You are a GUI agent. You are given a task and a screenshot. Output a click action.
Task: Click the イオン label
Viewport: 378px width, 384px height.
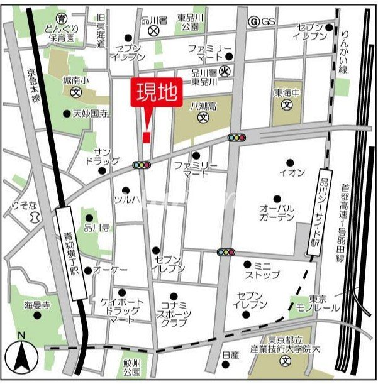(x=292, y=172)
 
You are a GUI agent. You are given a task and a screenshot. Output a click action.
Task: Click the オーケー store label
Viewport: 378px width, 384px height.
(x=110, y=270)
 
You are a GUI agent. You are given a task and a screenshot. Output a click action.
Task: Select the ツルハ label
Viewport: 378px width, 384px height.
(x=125, y=199)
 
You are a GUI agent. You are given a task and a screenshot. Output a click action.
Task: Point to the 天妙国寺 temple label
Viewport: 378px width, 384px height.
(x=91, y=114)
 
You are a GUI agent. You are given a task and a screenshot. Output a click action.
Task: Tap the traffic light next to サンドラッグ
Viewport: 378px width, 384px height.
(x=142, y=165)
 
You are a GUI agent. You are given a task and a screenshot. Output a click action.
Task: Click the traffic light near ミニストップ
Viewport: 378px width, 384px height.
(x=226, y=252)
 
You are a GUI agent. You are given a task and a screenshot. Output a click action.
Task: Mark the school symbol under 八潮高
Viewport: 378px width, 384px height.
(x=203, y=118)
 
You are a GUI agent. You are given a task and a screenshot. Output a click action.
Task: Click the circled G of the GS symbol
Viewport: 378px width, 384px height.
(x=254, y=21)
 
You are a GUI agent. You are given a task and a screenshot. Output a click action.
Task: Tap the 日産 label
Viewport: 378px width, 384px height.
(x=231, y=355)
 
